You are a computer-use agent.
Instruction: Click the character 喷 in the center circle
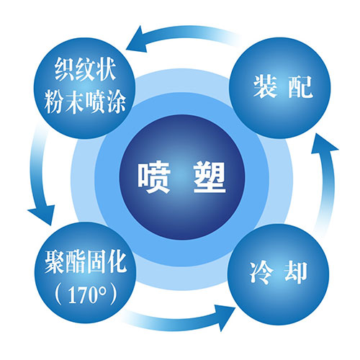[x=154, y=177]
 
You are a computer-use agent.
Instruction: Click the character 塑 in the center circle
[x=210, y=177]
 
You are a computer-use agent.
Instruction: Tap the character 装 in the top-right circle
[x=265, y=86]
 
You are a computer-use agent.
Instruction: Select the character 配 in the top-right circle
[x=300, y=87]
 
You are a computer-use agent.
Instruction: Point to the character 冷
[x=261, y=273]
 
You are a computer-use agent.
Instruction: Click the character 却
[x=296, y=273]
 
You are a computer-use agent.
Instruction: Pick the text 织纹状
[x=85, y=69]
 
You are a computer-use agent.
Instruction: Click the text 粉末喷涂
[x=85, y=102]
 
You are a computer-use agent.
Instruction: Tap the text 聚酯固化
[x=86, y=261]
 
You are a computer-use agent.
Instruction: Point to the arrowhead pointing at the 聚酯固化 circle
[x=42, y=215]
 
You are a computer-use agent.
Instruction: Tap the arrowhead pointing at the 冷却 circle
[x=225, y=318]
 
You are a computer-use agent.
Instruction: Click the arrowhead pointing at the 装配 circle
[x=324, y=145]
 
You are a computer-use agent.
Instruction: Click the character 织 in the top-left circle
[x=64, y=69]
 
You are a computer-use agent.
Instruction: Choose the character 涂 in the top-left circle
[x=117, y=102]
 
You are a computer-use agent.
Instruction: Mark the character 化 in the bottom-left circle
[x=117, y=261]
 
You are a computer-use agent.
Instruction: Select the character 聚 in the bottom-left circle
[x=55, y=261]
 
